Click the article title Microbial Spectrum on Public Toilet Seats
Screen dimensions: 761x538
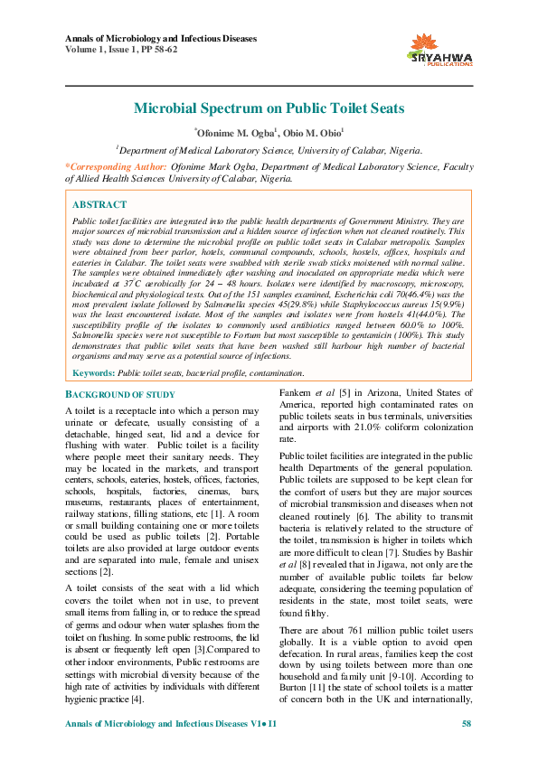pyautogui.click(x=269, y=108)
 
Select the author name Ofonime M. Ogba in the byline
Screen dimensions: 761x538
pyautogui.click(x=236, y=134)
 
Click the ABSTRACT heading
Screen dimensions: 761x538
pyautogui.click(x=99, y=205)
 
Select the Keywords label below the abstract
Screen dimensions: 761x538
pyautogui.click(x=93, y=372)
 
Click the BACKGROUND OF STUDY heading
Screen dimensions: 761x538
pyautogui.click(x=121, y=395)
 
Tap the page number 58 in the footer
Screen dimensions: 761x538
pyautogui.click(x=467, y=725)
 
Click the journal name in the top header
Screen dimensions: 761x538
pyautogui.click(x=162, y=39)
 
